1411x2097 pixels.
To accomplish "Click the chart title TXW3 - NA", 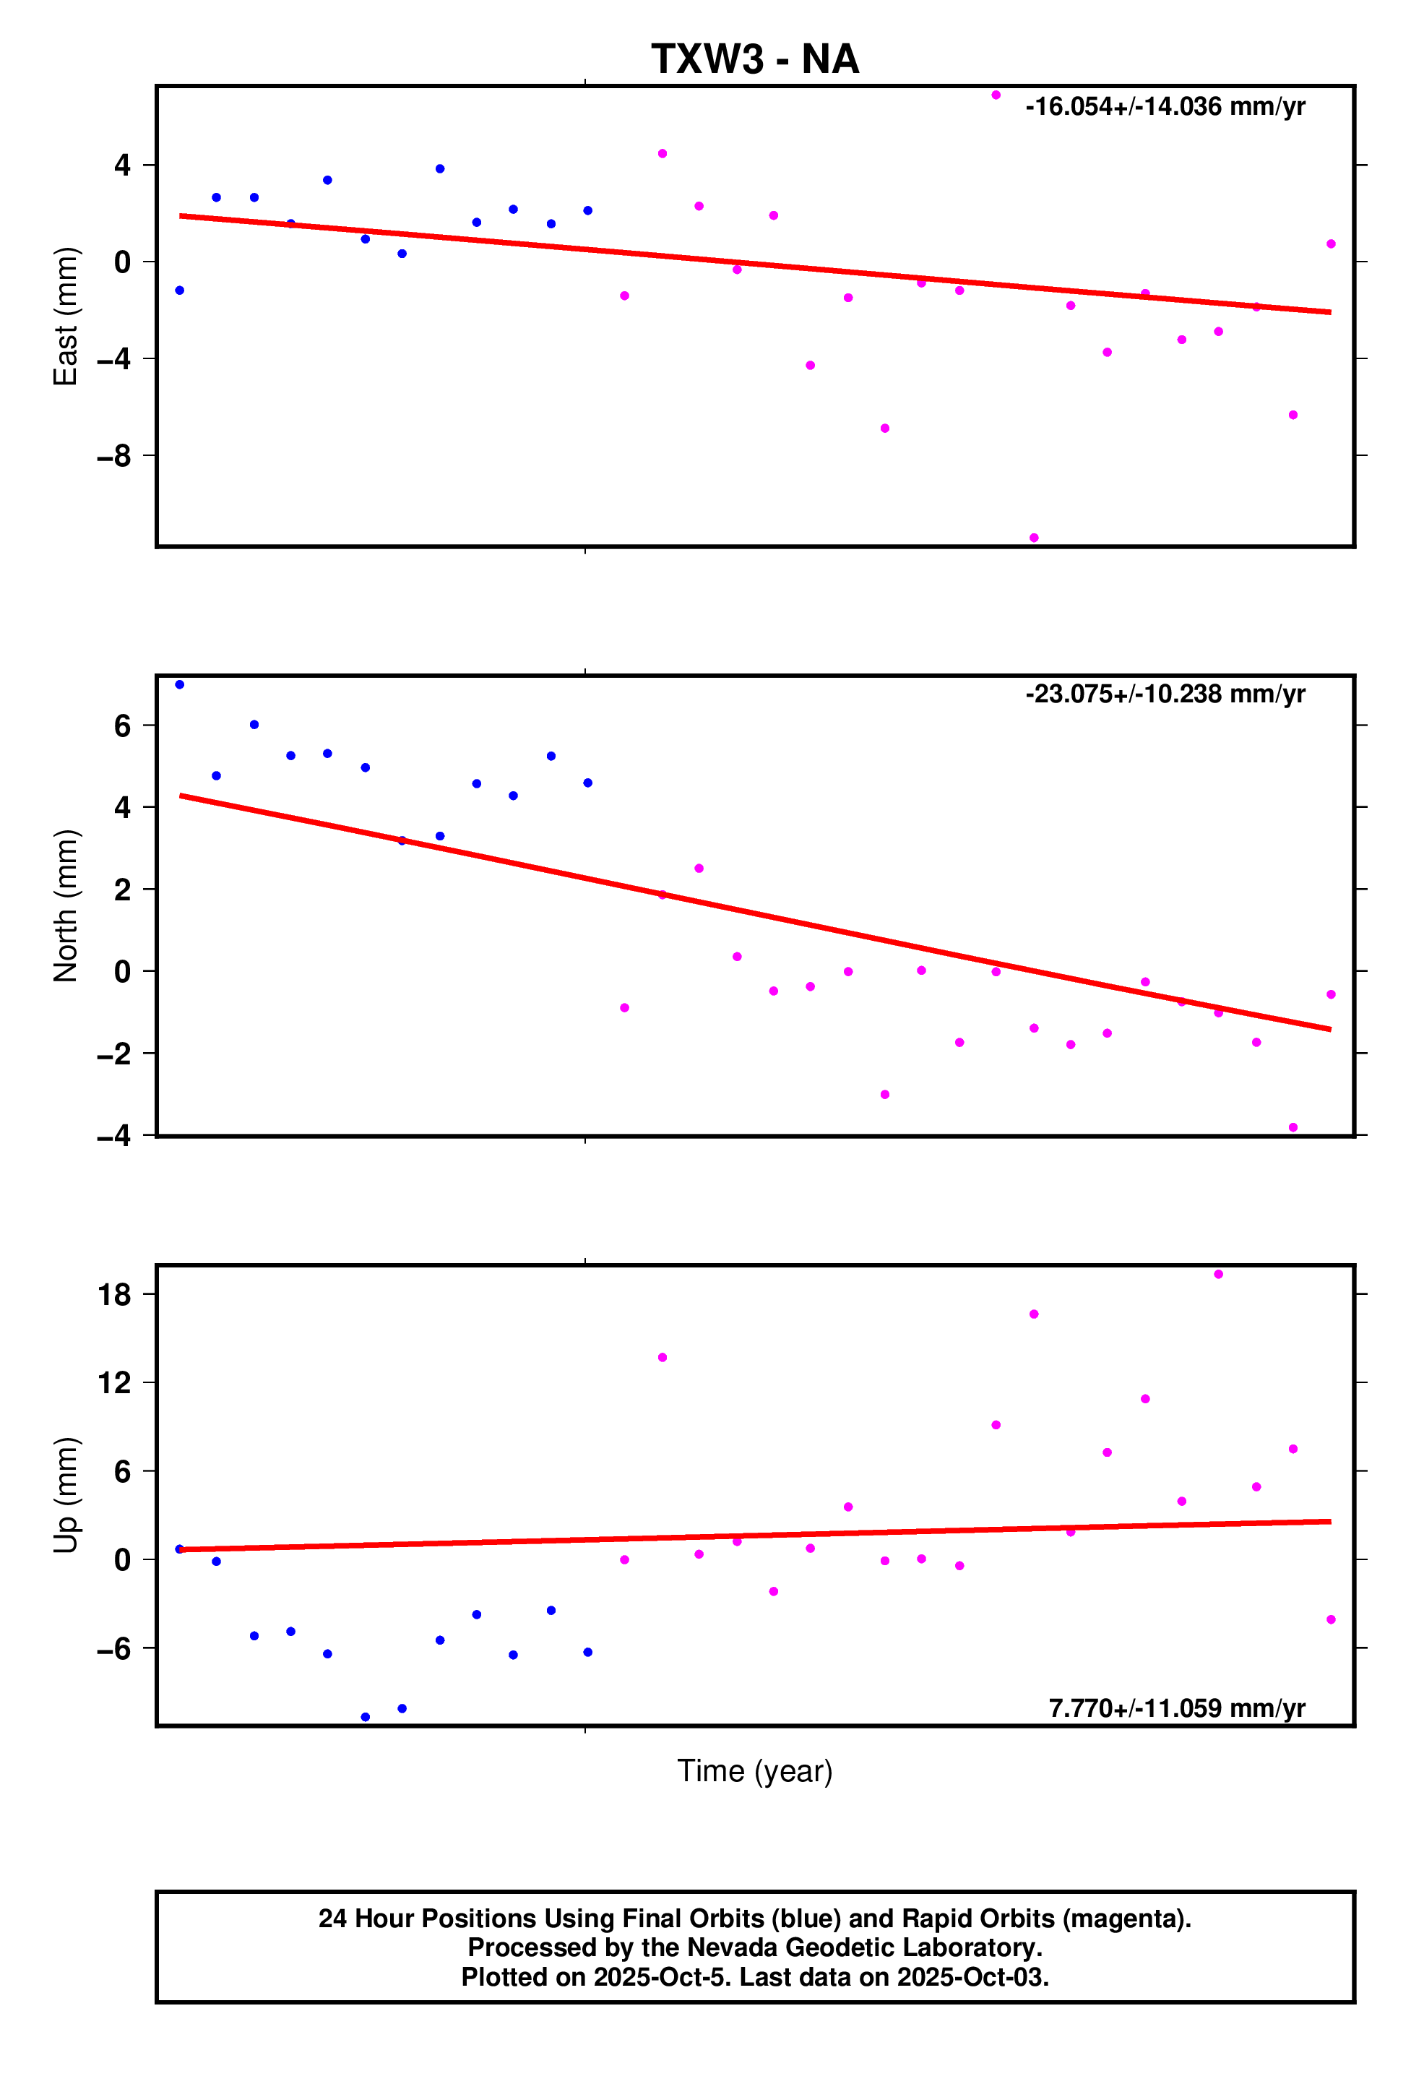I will click(x=754, y=59).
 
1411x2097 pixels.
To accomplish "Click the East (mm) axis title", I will click(x=66, y=316).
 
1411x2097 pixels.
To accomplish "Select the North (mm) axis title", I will click(x=66, y=905).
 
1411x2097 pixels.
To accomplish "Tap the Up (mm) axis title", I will click(x=66, y=1495).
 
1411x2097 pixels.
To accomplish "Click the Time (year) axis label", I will click(x=754, y=1771).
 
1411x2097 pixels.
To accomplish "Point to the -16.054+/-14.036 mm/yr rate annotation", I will click(x=1165, y=107).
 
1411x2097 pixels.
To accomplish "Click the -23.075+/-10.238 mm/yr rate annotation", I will click(x=1165, y=694).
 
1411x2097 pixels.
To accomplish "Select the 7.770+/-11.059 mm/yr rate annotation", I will click(x=1176, y=1708).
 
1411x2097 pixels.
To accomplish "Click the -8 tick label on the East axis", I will click(x=114, y=456).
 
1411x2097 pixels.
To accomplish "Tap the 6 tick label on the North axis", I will click(x=122, y=725).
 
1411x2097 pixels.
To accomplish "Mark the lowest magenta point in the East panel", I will click(x=1034, y=538).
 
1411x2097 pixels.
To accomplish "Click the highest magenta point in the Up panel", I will click(x=1218, y=1275).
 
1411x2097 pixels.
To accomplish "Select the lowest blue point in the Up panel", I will click(x=366, y=1717).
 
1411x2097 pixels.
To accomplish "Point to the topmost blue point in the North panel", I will click(x=180, y=685).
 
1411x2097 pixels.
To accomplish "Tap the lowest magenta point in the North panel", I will click(x=1293, y=1128).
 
